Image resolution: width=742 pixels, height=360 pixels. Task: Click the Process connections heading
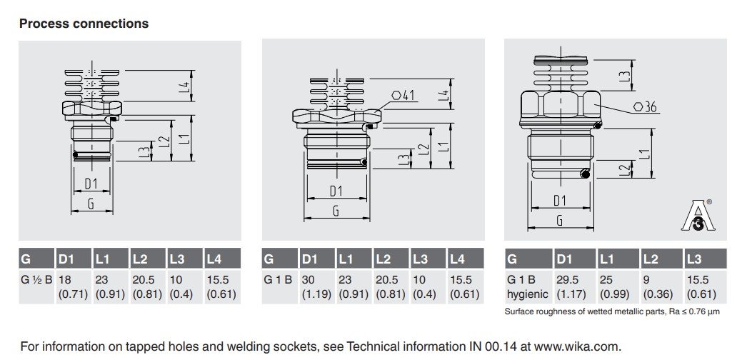pos(84,24)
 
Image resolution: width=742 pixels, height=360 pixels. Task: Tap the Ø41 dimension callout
pos(403,95)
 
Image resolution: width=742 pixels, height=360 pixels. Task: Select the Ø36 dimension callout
pos(644,108)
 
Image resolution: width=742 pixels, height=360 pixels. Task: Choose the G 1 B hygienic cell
pos(527,286)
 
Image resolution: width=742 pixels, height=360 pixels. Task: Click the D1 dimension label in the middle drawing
pos(336,191)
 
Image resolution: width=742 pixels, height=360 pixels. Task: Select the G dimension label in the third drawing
pos(560,221)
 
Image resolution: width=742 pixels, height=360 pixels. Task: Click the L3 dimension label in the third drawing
pos(624,74)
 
